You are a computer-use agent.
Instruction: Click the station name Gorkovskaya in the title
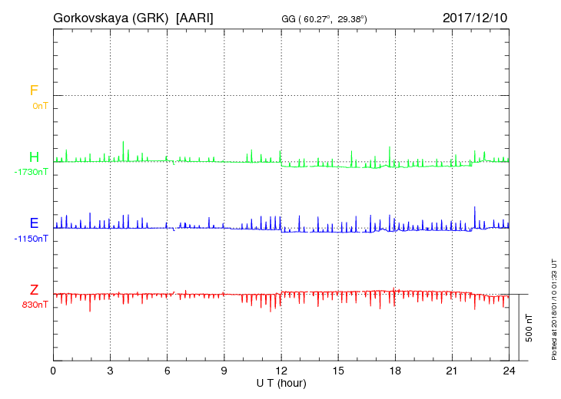91,17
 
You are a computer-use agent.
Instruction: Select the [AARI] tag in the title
195,17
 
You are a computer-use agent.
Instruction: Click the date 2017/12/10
475,17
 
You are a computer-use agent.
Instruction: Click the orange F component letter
34,91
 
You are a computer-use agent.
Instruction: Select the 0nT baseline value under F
40,105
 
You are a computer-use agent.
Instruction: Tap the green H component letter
34,157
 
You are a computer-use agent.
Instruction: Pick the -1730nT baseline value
31,172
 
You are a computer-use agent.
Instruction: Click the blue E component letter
34,223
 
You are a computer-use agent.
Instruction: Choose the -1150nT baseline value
31,239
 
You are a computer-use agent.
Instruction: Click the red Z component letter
34,289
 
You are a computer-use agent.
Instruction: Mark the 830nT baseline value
35,305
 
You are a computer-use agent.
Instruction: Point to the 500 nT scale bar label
529,328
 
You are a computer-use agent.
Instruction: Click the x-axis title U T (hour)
281,382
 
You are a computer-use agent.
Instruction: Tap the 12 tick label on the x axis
281,370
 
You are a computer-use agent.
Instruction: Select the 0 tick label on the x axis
53,370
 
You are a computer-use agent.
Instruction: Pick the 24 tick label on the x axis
509,370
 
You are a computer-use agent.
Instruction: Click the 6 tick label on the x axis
168,370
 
